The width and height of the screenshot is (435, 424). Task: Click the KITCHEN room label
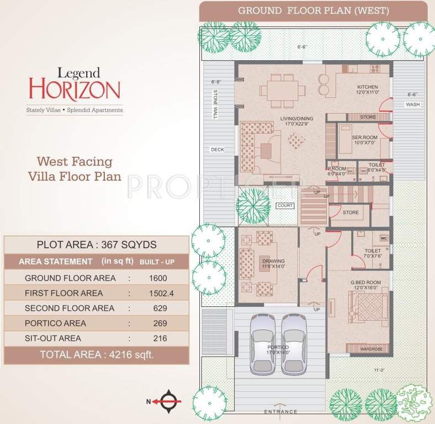tap(367, 87)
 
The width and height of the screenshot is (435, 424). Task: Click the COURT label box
tap(285, 205)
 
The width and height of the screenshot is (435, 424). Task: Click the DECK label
tap(216, 150)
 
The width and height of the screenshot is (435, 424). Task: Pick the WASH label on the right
tap(412, 104)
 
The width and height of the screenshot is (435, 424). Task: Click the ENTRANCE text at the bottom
tap(280, 412)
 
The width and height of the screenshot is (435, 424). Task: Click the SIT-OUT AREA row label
tap(53, 338)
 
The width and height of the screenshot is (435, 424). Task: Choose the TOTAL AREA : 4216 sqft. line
tap(97, 354)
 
